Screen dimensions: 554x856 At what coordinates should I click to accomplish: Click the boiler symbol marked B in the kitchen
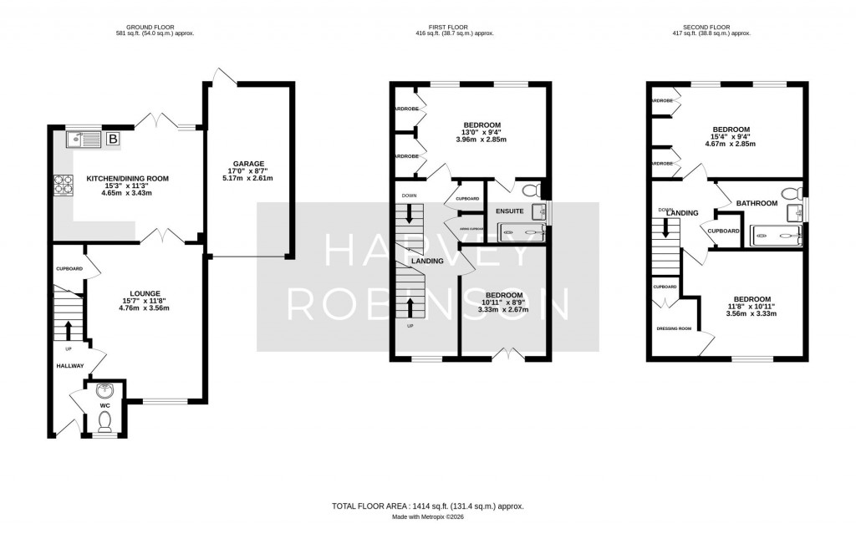[x=113, y=139]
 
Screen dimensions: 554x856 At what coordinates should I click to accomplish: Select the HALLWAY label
[x=70, y=366]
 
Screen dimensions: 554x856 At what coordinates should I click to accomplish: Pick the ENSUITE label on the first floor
[x=509, y=211]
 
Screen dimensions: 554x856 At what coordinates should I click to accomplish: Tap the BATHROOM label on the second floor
[x=757, y=203]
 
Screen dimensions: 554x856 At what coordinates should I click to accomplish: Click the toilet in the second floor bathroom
[x=788, y=195]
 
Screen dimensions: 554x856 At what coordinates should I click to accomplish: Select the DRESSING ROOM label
[x=674, y=328]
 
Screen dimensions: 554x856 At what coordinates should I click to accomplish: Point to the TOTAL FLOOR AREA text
[x=428, y=506]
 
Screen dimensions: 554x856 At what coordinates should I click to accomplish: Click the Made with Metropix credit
[x=428, y=517]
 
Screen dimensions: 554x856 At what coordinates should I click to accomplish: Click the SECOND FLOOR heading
[x=711, y=28]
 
